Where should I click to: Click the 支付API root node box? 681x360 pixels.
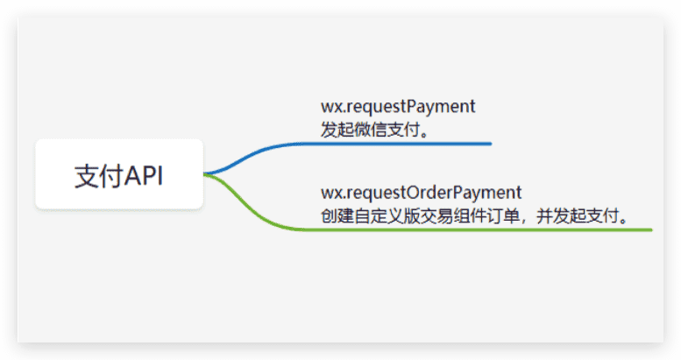119,174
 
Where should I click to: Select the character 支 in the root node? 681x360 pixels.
86,176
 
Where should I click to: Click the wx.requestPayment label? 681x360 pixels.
398,107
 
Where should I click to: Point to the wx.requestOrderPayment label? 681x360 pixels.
422,193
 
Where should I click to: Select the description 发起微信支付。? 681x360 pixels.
375,130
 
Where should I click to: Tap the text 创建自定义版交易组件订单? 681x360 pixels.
420,215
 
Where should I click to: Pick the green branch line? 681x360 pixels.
428,229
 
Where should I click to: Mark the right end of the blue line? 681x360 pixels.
491,144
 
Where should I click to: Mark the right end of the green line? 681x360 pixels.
651,229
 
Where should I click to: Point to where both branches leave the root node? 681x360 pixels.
204,173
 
